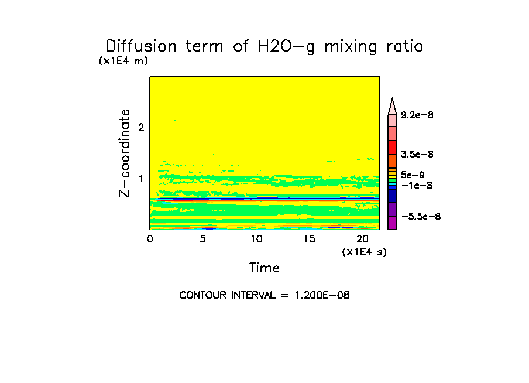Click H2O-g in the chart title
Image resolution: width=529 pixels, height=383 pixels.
(285, 47)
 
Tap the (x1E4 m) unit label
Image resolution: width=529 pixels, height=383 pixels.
(123, 61)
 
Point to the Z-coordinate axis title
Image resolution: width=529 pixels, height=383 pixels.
(125, 153)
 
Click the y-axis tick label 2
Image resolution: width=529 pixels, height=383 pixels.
(140, 127)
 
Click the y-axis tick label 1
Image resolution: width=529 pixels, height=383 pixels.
(140, 178)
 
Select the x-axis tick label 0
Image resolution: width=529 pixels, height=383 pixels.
(150, 239)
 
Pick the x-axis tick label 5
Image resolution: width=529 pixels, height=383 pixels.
(202, 239)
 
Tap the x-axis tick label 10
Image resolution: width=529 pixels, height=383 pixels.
(256, 239)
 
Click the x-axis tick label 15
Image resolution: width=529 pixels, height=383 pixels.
(309, 239)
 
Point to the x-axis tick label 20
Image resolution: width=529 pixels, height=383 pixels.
(362, 239)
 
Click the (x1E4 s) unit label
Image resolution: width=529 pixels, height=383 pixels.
(364, 252)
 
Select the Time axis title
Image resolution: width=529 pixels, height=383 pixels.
(264, 268)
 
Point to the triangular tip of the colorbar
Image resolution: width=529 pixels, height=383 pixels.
(393, 104)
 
